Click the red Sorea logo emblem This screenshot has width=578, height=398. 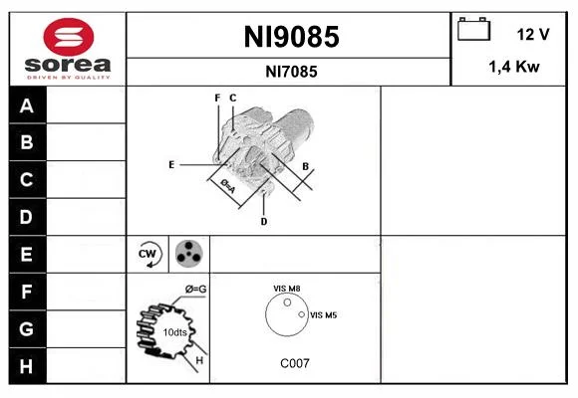click(x=69, y=37)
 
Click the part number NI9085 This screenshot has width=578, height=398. click(x=291, y=37)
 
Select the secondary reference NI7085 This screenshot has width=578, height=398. click(x=291, y=72)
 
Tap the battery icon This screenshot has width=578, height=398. click(x=473, y=29)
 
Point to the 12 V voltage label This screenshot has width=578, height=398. click(x=533, y=34)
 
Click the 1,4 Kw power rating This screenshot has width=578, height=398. click(x=514, y=67)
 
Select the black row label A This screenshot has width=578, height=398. click(x=27, y=106)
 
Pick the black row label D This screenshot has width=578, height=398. click(x=26, y=217)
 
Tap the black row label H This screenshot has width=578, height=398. click(x=26, y=366)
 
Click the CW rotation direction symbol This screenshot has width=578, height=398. click(x=147, y=254)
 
